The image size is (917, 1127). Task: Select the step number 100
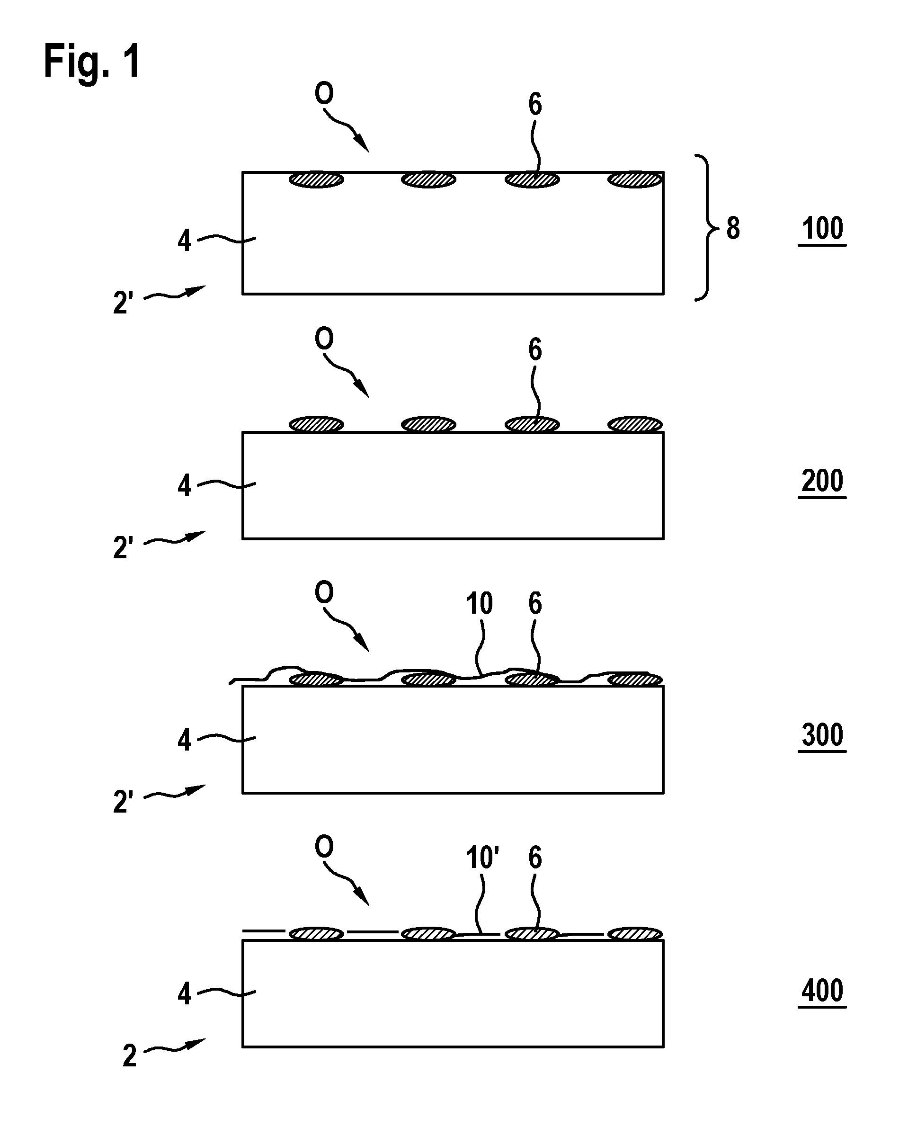(822, 229)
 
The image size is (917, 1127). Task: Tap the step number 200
(822, 481)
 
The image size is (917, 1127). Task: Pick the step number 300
(822, 735)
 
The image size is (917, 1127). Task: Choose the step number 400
(822, 990)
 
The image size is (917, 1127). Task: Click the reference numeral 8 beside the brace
(733, 228)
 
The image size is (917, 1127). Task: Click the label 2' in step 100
(123, 303)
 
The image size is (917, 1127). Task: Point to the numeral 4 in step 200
(184, 485)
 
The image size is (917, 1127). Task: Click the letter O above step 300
(324, 592)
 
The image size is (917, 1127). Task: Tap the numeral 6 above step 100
(535, 105)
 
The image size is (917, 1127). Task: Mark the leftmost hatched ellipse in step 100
(316, 179)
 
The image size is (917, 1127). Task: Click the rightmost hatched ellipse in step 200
(635, 424)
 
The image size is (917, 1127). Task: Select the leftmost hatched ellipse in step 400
(316, 934)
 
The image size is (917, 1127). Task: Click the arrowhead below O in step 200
(362, 389)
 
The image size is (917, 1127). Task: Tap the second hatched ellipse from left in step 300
(428, 679)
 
